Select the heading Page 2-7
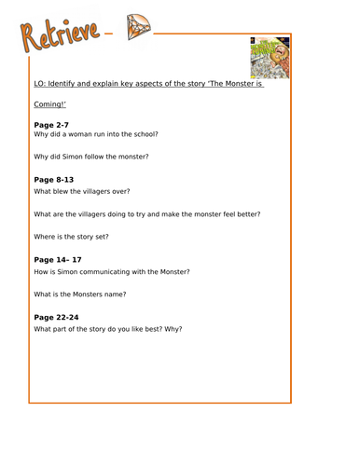tap(51, 124)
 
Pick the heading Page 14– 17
tap(58, 259)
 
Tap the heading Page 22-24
tap(56, 316)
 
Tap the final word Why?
tap(173, 329)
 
